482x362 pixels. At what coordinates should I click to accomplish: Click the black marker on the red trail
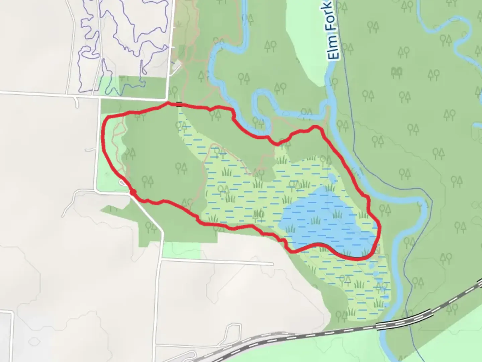tap(179, 104)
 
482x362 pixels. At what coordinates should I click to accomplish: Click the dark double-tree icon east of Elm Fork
tap(397, 71)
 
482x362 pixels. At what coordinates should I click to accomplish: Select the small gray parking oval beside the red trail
tap(123, 182)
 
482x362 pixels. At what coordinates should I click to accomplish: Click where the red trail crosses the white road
tap(133, 193)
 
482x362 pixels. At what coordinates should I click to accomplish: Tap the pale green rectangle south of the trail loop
tap(181, 250)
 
